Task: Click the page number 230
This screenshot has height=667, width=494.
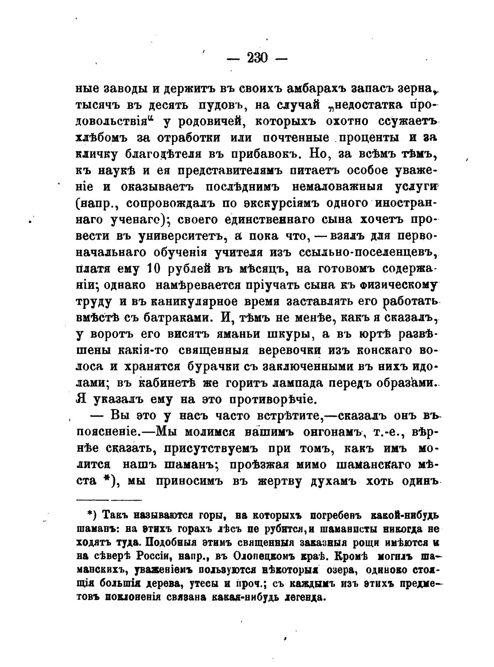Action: tap(257, 57)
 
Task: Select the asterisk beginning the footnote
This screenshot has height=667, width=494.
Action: tap(90, 514)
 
